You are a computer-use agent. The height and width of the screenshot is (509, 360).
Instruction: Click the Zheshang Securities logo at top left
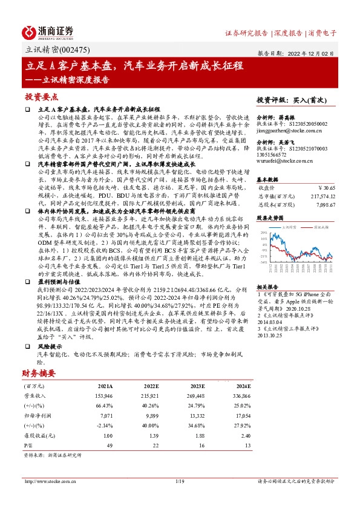tap(48, 31)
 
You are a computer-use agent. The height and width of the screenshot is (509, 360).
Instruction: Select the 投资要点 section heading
tap(42, 97)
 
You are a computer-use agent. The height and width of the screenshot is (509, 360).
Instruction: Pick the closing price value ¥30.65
tap(325, 187)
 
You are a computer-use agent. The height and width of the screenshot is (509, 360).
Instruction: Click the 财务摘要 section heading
tap(39, 372)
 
